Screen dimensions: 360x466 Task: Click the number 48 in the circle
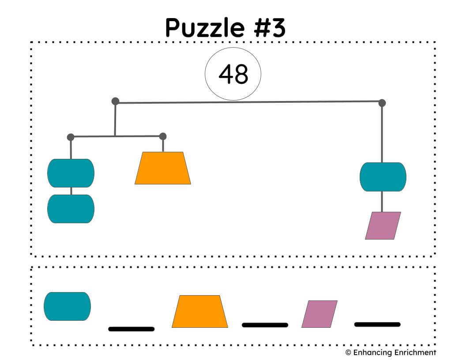coord(233,74)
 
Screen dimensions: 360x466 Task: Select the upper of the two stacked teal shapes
coord(71,173)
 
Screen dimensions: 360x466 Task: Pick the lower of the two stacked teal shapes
coord(71,209)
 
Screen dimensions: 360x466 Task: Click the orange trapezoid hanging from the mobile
coord(163,168)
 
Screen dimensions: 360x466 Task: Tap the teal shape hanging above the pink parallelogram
coord(383,177)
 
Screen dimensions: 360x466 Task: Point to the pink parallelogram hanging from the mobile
coord(383,226)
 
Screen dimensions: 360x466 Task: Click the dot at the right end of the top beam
coord(382,103)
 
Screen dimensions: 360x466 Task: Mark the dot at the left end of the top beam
coord(115,101)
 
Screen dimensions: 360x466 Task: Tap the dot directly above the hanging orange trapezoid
coord(163,136)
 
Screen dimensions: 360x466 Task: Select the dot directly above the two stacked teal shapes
coord(71,137)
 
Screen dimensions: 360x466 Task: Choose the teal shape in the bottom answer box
coord(67,306)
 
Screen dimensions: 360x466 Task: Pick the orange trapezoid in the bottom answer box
coord(200,311)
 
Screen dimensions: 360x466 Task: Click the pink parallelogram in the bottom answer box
coord(319,314)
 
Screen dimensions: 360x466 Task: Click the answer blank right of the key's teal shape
coord(132,329)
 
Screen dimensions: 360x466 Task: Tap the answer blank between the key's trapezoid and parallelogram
coord(265,325)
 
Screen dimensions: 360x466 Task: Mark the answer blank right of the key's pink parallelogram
coord(377,324)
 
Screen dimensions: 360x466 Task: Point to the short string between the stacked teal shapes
coord(71,191)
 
